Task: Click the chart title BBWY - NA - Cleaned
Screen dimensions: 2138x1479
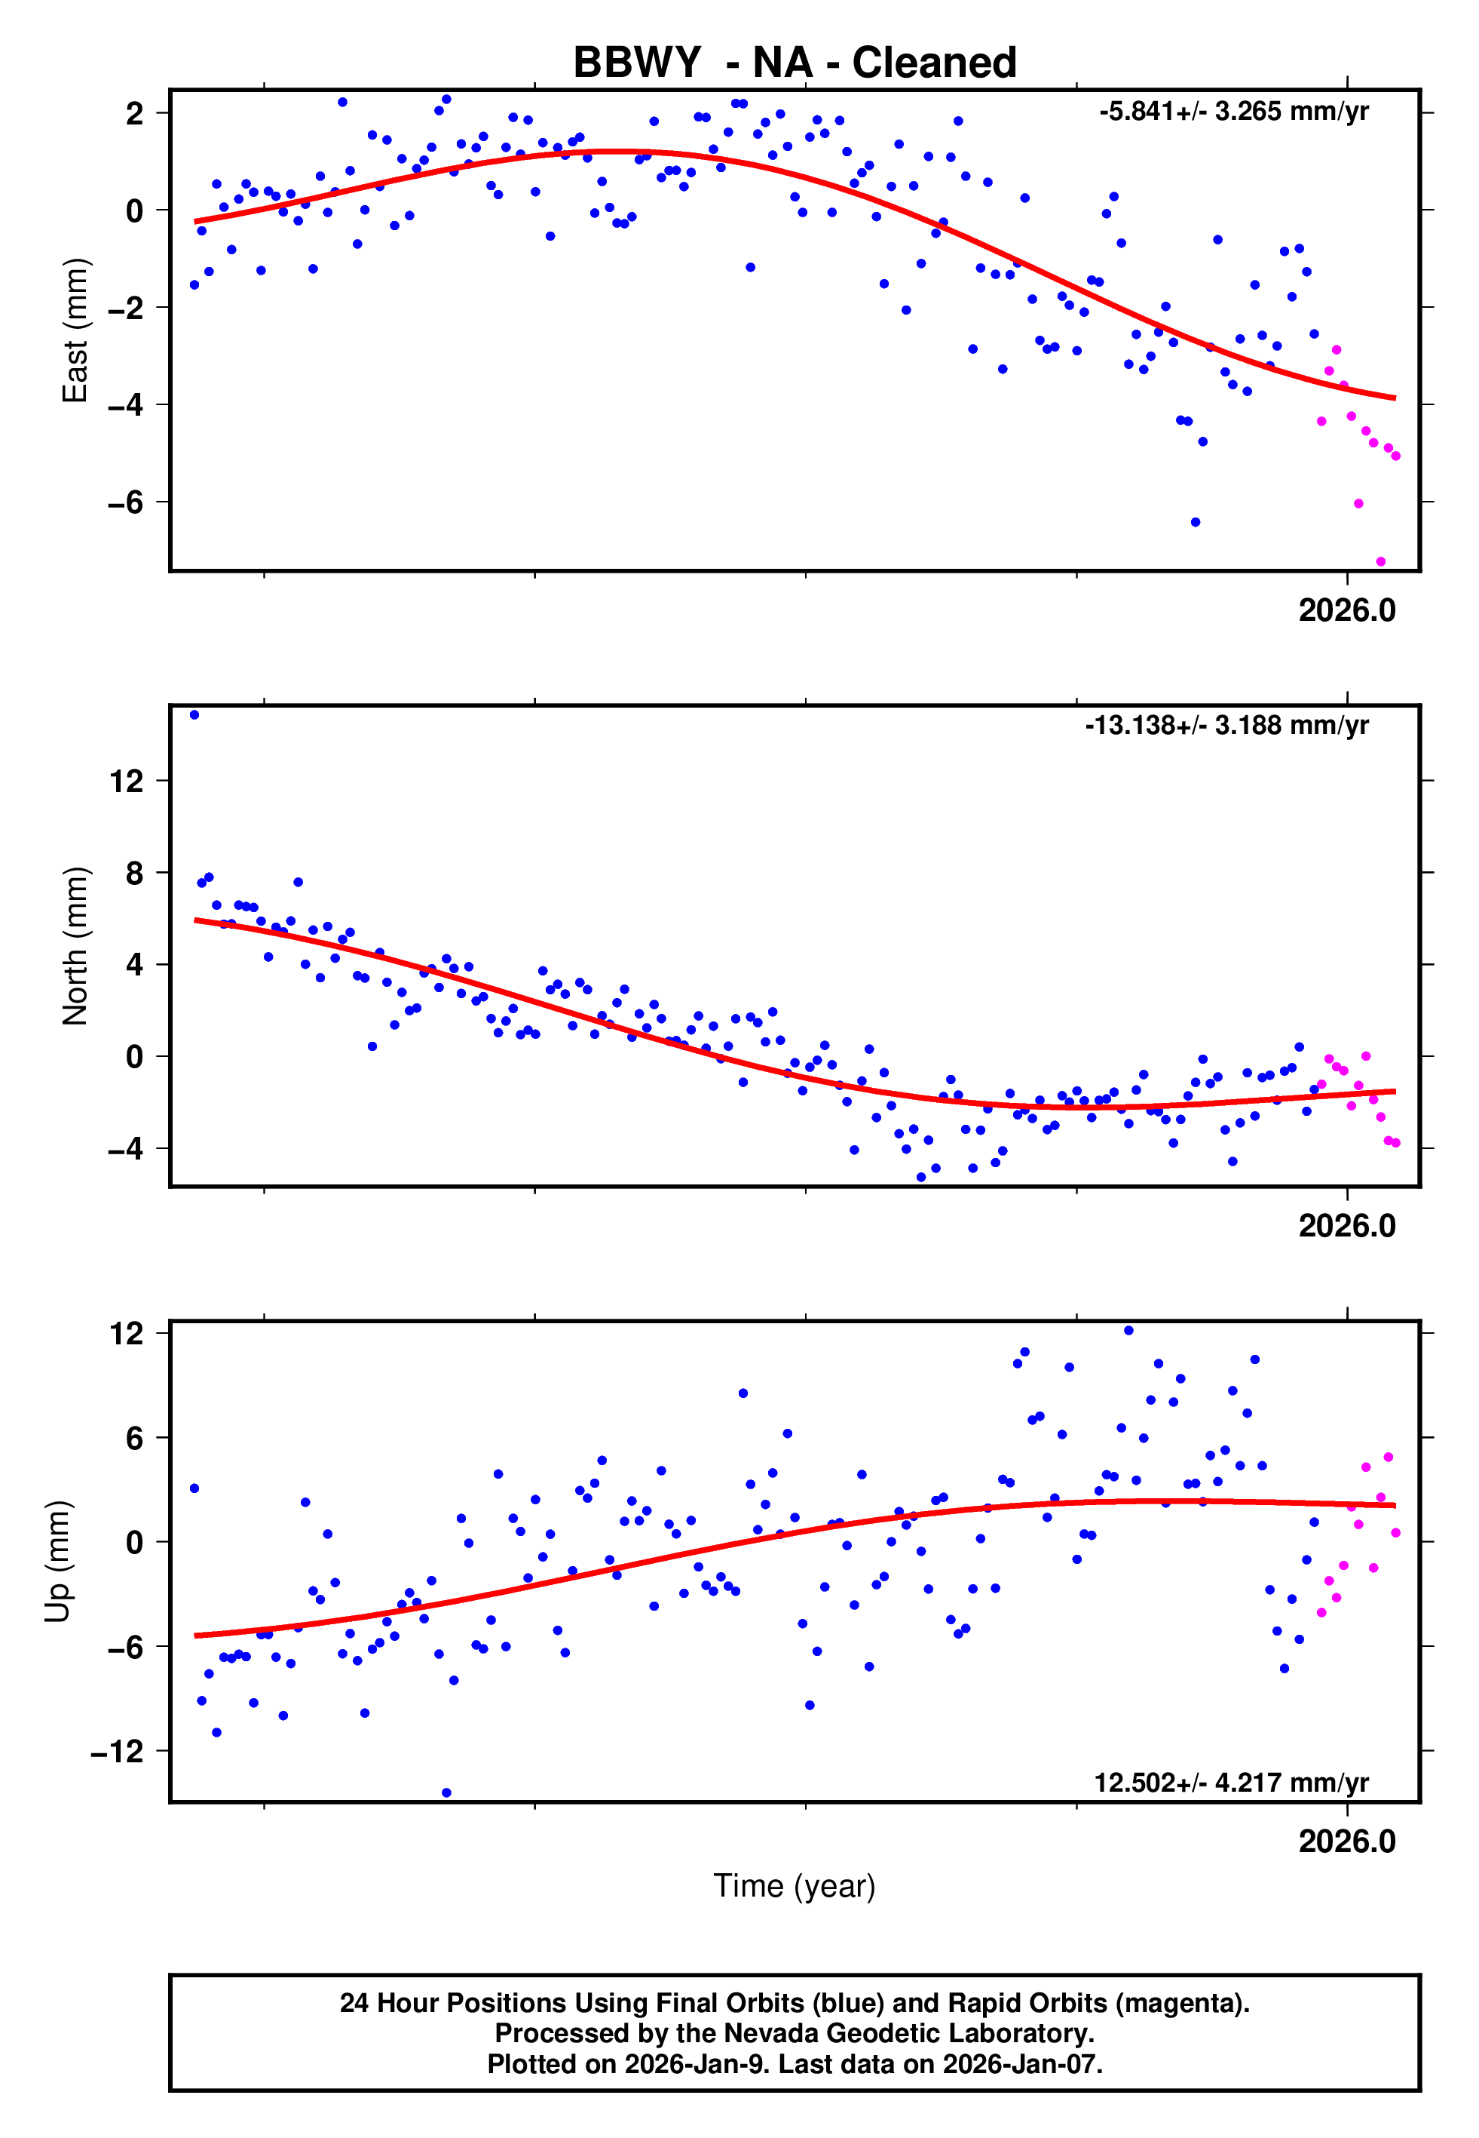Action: click(795, 63)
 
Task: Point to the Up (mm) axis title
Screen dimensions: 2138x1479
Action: click(57, 1562)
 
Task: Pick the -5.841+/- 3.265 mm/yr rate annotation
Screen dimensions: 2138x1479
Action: click(1233, 112)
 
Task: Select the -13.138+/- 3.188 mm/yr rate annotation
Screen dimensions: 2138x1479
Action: click(1226, 725)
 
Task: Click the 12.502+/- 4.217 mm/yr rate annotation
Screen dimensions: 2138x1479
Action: click(1231, 1782)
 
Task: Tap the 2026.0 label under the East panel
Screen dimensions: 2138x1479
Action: click(1346, 610)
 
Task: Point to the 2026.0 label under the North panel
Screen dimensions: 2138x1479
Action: click(1346, 1226)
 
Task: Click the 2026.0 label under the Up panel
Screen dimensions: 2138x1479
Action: click(1346, 1841)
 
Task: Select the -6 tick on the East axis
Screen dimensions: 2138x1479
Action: click(125, 502)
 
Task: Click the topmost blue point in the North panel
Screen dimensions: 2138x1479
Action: click(194, 715)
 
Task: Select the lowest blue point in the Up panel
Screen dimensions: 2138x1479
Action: click(447, 1792)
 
